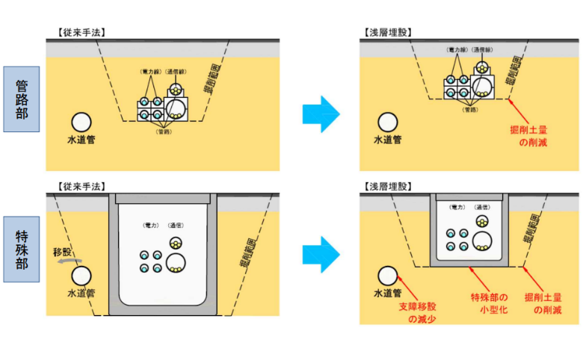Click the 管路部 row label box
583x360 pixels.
point(21,99)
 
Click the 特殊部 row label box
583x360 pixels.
point(21,249)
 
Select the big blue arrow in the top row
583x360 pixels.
point(321,114)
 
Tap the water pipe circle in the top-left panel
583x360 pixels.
point(81,122)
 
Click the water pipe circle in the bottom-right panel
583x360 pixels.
point(387,276)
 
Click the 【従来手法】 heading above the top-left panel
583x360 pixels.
point(80,32)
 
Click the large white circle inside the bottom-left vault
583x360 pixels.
point(177,261)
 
